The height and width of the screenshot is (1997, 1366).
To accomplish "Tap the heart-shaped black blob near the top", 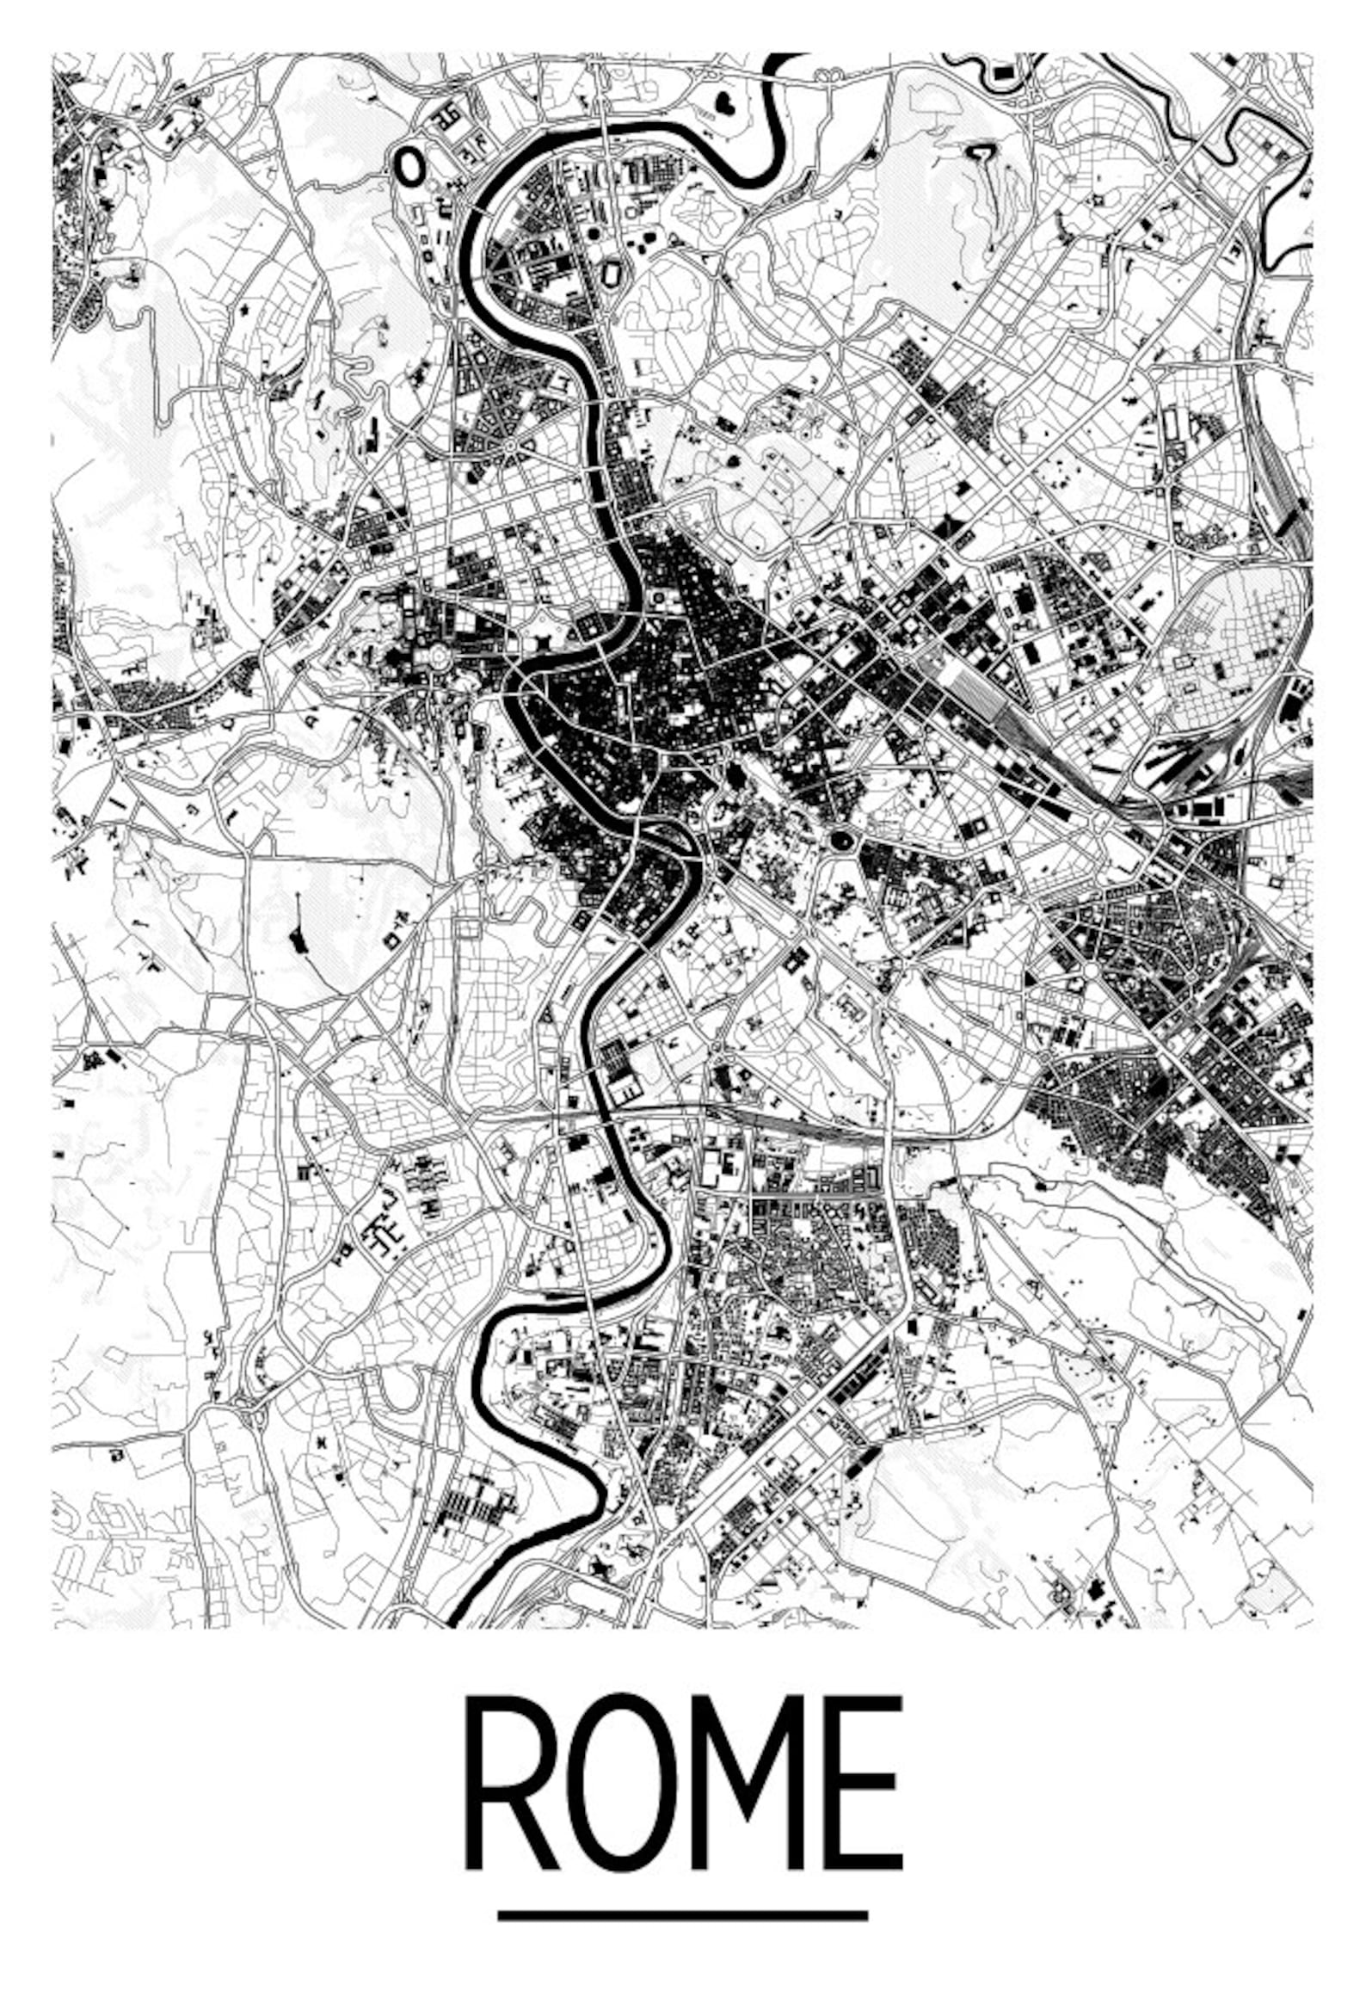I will click(724, 105).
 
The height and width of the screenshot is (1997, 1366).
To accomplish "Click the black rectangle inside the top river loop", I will click(1002, 73).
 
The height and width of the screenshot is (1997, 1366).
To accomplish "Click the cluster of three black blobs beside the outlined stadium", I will click(643, 243).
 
